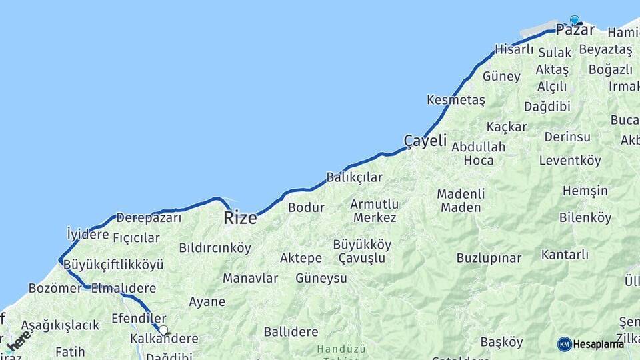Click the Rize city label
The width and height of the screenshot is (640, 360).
pos(240,217)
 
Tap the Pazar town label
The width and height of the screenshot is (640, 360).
pos(575,30)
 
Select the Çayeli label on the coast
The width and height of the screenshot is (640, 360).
pos(425,141)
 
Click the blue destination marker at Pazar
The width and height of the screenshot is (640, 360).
pos(575,20)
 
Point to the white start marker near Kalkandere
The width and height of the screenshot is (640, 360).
pos(163,329)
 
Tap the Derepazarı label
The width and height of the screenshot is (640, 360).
pos(149,218)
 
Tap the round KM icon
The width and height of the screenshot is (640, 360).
pos(564,344)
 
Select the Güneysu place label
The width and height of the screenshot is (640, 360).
pos(321,278)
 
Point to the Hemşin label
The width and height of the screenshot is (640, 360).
pos(585,191)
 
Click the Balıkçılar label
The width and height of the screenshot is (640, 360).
pos(354,177)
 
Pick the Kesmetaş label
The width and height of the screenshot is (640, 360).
pos(456,100)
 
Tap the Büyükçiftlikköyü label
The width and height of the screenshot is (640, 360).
pos(113,265)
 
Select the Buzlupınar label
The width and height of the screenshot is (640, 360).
pos(489,258)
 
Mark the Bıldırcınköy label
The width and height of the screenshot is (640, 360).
pos(215,248)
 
